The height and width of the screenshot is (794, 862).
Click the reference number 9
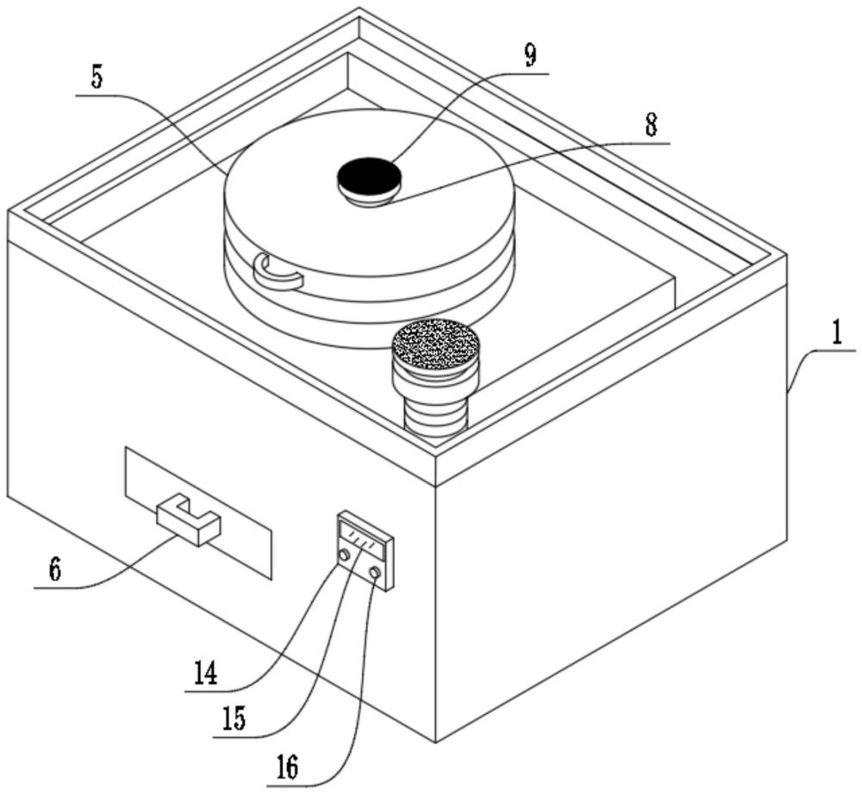pyautogui.click(x=530, y=55)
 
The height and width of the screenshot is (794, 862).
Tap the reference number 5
pyautogui.click(x=97, y=78)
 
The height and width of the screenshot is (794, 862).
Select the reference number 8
pyautogui.click(x=651, y=125)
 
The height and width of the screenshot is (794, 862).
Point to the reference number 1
pyautogui.click(x=836, y=333)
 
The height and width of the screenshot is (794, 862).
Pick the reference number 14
pyautogui.click(x=206, y=673)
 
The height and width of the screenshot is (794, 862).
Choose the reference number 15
pyautogui.click(x=234, y=719)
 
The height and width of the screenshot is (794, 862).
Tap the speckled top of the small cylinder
pyautogui.click(x=436, y=345)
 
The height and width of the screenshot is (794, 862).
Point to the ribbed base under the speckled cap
pyautogui.click(x=436, y=415)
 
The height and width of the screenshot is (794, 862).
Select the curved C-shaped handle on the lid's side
pyautogui.click(x=278, y=272)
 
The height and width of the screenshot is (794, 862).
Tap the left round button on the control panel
pyautogui.click(x=345, y=555)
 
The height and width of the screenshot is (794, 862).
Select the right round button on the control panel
pyautogui.click(x=376, y=574)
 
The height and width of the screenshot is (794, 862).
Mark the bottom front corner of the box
pyautogui.click(x=436, y=742)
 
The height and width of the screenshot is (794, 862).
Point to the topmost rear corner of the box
pyautogui.click(x=359, y=8)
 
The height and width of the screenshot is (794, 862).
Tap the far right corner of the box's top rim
pyautogui.click(x=787, y=254)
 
